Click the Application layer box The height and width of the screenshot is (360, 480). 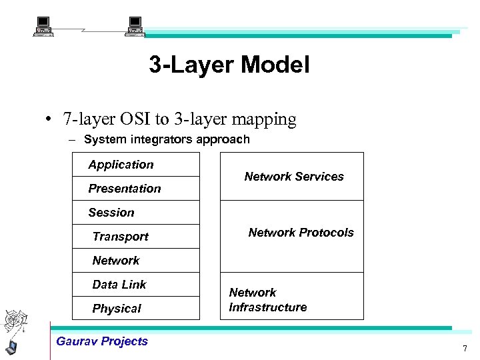tap(136, 165)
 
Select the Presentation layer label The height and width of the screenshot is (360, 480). tap(125, 189)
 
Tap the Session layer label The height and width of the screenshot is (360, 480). tap(111, 213)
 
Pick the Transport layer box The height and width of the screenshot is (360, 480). tap(136, 237)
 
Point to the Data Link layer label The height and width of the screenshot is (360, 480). tap(119, 285)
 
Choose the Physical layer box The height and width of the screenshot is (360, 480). tap(136, 309)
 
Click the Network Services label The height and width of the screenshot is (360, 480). tap(294, 177)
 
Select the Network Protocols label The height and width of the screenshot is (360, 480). tap(301, 233)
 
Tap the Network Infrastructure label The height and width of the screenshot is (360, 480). tap(268, 300)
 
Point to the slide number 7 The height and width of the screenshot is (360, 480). tap(465, 349)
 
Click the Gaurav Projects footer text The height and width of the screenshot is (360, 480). tap(102, 341)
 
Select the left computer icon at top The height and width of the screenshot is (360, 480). tap(44, 27)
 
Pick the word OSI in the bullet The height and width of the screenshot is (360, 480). tap(138, 119)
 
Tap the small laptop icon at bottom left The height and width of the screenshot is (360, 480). tap(11, 347)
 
